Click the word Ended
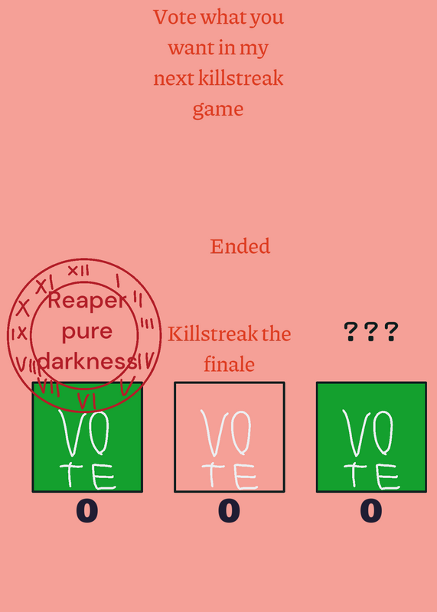[x=240, y=246]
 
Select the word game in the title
[x=218, y=109]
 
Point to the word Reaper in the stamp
[x=87, y=301]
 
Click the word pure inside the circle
[x=87, y=332]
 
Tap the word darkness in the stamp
[x=87, y=361]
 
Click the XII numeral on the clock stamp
[x=78, y=270]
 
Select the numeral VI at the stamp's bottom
[x=86, y=400]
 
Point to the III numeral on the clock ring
[x=147, y=324]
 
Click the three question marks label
[x=371, y=332]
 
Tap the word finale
[x=230, y=365]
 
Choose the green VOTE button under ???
[x=371, y=437]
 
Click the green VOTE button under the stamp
[x=87, y=437]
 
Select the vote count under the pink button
[x=230, y=511]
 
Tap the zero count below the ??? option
[x=371, y=511]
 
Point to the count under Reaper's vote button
[x=87, y=511]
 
